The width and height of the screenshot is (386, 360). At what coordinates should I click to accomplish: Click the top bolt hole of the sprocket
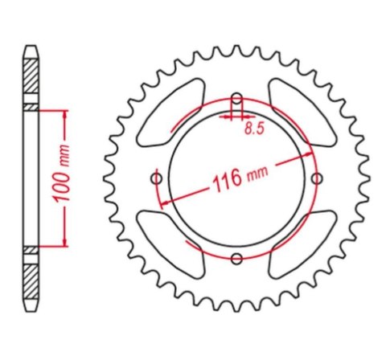coord(236,100)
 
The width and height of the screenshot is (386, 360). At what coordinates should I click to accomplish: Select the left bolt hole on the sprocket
coord(156,178)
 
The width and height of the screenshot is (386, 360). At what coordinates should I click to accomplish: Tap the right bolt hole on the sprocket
coord(317,178)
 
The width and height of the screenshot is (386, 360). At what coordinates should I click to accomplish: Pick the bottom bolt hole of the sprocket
coord(236,258)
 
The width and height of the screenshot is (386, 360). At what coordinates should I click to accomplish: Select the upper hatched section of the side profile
coord(30,79)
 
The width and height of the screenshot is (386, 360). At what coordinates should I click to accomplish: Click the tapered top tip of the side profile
coord(30,50)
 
